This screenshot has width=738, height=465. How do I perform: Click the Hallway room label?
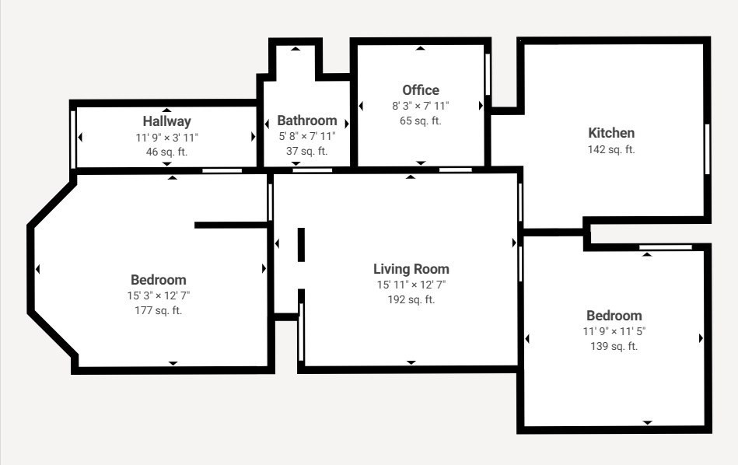tap(166, 121)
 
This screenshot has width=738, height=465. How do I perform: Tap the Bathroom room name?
tap(307, 121)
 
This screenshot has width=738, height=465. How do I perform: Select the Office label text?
tap(421, 90)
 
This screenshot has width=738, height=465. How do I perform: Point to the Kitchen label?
tap(611, 133)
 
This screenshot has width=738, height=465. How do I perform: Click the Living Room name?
tap(411, 269)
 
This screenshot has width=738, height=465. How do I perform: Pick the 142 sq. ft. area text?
tap(611, 149)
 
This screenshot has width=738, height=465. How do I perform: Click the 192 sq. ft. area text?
tap(411, 299)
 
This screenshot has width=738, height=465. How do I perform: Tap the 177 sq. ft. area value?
tap(158, 310)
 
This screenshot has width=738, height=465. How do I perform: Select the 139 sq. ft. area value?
tap(614, 346)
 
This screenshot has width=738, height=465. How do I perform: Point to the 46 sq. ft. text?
tap(166, 152)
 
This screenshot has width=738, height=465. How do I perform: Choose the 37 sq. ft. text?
tap(307, 152)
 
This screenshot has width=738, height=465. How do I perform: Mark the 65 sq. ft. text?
tap(421, 121)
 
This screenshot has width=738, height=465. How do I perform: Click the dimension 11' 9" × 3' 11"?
tap(166, 137)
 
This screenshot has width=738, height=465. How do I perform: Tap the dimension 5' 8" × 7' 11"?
tap(307, 136)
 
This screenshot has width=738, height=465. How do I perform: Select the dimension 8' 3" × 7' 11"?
tap(421, 106)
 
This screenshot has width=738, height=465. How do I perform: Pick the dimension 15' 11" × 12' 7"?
tap(411, 285)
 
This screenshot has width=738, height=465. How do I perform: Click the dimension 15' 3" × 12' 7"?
tap(158, 295)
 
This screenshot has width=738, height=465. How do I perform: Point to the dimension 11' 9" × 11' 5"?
tap(614, 330)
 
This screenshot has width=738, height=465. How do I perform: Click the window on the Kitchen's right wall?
tap(707, 149)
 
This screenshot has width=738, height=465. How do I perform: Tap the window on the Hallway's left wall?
tap(73, 138)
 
